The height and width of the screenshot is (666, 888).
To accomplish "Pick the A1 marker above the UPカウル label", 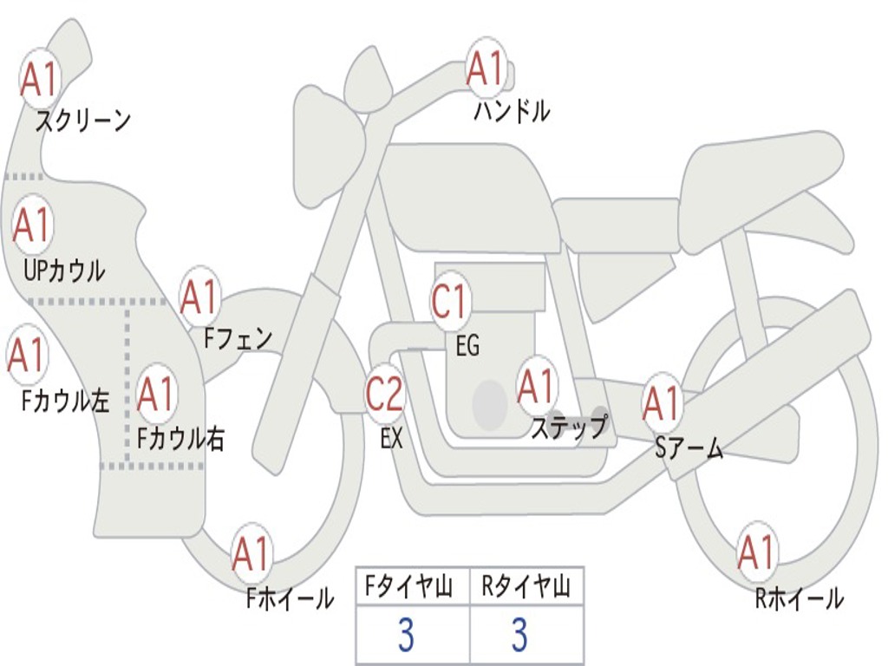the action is click(x=32, y=225).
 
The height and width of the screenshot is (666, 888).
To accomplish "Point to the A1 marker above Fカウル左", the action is click(x=26, y=355).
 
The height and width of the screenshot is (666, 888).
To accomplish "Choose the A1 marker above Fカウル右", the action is click(x=156, y=394).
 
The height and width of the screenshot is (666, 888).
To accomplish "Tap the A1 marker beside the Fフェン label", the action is click(x=199, y=297).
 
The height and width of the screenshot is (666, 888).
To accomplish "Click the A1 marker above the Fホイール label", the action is click(x=251, y=553).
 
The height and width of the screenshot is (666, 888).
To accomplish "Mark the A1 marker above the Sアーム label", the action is click(x=662, y=403).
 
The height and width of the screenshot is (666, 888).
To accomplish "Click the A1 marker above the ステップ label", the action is click(x=537, y=387).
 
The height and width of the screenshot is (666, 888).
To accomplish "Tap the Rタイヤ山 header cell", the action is click(x=526, y=586).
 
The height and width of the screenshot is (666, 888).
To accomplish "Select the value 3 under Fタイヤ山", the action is click(x=406, y=635).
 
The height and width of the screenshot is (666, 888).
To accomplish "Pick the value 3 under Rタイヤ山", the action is click(x=520, y=635).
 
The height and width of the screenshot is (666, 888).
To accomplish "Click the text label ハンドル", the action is click(x=512, y=111).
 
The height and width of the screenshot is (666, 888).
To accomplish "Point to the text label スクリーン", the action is click(x=83, y=121).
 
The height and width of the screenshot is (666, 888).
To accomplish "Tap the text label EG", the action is click(x=467, y=345).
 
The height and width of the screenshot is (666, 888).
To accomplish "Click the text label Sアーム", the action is click(x=689, y=448).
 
